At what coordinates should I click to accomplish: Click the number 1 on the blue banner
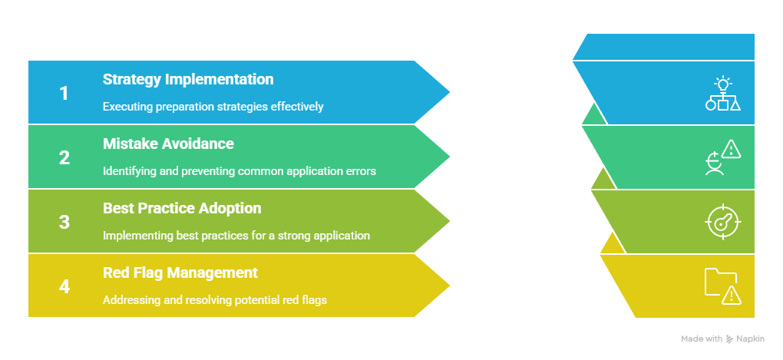[64, 94]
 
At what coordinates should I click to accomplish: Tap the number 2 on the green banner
[64, 158]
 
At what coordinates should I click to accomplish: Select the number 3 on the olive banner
[64, 222]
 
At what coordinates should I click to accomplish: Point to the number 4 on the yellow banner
[64, 286]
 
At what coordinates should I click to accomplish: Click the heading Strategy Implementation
[188, 79]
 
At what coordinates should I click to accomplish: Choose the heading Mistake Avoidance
[168, 144]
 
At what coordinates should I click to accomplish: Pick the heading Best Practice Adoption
[182, 208]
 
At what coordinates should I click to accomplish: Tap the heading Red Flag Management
[180, 272]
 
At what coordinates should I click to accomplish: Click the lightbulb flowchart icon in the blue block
[722, 94]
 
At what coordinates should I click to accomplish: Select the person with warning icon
[722, 157]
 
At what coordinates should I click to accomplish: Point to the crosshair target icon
[723, 222]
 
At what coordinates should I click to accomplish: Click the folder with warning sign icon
[722, 286]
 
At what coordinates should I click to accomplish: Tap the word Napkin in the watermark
[751, 339]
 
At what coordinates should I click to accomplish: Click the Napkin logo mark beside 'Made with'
[730, 339]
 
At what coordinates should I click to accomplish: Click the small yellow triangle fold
[613, 243]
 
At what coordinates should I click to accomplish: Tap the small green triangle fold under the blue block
[594, 115]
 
